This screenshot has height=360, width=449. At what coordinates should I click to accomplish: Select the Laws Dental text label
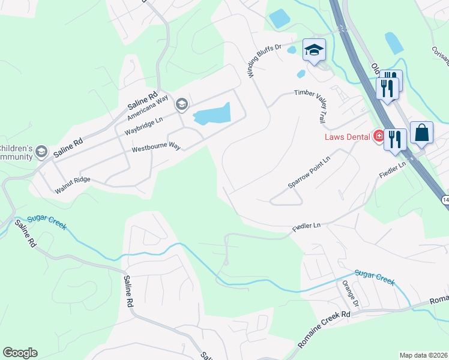click(x=347, y=137)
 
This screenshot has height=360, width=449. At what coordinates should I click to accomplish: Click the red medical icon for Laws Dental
click(x=378, y=136)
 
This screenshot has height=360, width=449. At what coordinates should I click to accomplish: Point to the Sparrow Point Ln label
click(x=309, y=173)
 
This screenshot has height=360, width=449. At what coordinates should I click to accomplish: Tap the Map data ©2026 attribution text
click(x=423, y=355)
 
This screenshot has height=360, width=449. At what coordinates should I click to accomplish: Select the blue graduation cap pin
click(x=314, y=50)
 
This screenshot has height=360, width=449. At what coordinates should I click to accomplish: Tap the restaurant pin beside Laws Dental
click(x=394, y=139)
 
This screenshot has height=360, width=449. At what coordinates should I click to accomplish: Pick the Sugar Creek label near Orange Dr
click(x=375, y=276)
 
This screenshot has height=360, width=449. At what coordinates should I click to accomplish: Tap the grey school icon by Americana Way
click(x=181, y=105)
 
